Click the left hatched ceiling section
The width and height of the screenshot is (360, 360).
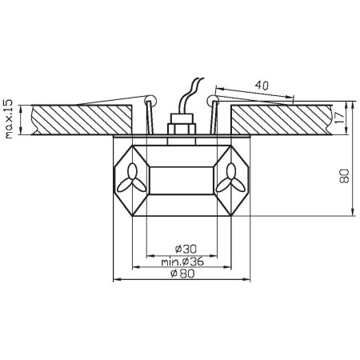coord(80,118)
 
